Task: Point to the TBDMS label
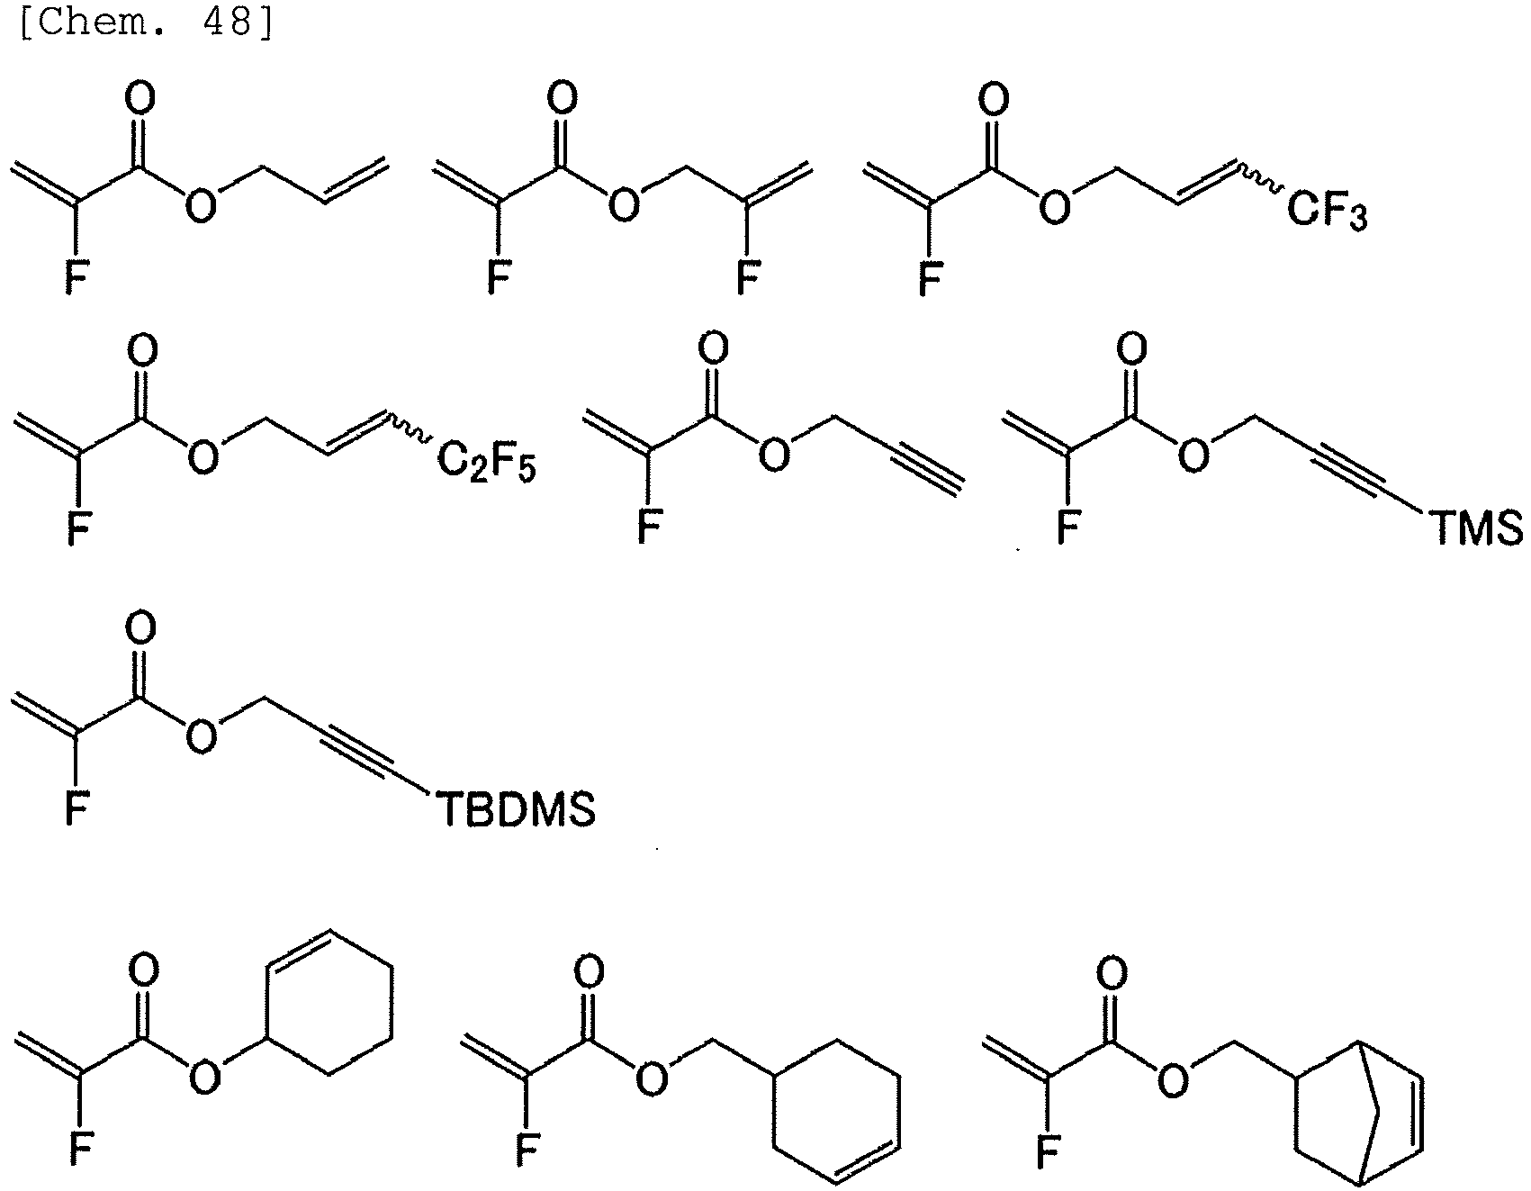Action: coord(516,809)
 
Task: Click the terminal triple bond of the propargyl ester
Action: coord(928,471)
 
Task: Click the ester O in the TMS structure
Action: coord(1194,458)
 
